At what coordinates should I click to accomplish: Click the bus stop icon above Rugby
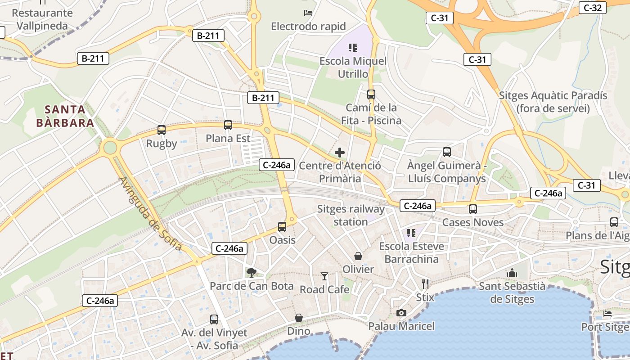(x=162, y=130)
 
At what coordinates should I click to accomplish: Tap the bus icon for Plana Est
(x=228, y=125)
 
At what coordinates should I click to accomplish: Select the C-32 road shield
(x=592, y=7)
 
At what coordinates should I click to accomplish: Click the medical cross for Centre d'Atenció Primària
(x=340, y=153)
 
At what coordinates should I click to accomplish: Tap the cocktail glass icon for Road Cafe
(x=324, y=276)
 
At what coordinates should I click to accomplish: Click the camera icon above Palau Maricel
(x=401, y=313)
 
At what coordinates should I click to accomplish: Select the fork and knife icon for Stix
(x=425, y=284)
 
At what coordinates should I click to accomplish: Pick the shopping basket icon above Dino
(x=299, y=318)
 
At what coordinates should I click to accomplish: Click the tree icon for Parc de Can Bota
(x=252, y=272)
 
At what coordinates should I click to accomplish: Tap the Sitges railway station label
(x=351, y=215)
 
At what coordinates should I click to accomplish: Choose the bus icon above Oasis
(x=282, y=227)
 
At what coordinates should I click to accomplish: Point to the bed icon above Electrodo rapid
(x=308, y=13)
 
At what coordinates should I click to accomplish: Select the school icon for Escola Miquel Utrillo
(x=353, y=47)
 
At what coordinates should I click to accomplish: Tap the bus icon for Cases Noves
(x=472, y=209)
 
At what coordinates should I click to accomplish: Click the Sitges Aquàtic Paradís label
(x=553, y=102)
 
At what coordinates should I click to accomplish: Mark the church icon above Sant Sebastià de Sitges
(x=512, y=273)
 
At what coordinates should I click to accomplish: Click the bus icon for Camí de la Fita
(x=371, y=94)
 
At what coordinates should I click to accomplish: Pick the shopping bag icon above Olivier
(x=358, y=256)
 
